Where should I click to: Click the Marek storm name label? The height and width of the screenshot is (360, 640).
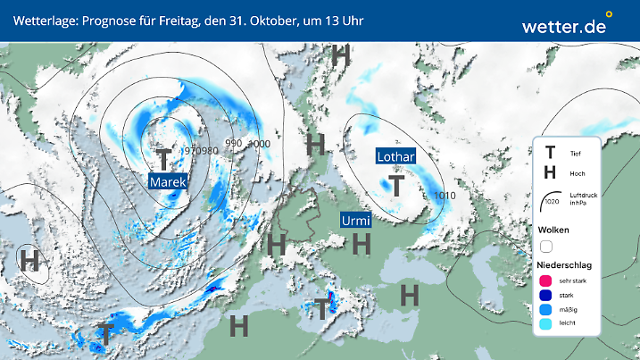pyautogui.click(x=168, y=182)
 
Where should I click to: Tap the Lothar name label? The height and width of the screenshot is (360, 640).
pyautogui.click(x=395, y=156)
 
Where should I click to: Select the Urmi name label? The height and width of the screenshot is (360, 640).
pyautogui.click(x=356, y=220)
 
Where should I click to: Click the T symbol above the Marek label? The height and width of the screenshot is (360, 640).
pyautogui.click(x=163, y=159)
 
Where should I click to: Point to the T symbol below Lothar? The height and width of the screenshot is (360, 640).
pyautogui.click(x=396, y=185)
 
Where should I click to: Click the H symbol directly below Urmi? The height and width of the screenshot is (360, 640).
pyautogui.click(x=362, y=243)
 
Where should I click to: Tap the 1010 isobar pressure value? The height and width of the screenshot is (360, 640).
pyautogui.click(x=444, y=195)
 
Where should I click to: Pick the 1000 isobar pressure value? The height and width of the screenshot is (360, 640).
pyautogui.click(x=259, y=144)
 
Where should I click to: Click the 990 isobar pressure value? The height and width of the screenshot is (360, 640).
pyautogui.click(x=234, y=143)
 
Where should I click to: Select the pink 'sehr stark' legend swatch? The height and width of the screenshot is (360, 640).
pyautogui.click(x=545, y=281)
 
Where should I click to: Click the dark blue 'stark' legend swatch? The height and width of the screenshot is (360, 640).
pyautogui.click(x=545, y=296)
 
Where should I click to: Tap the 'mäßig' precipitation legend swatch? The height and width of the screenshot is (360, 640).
pyautogui.click(x=545, y=311)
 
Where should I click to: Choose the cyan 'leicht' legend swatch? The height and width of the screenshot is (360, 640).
pyautogui.click(x=545, y=326)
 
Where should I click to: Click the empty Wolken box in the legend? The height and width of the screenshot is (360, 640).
pyautogui.click(x=546, y=246)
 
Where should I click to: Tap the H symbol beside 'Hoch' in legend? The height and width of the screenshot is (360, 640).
pyautogui.click(x=551, y=173)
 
